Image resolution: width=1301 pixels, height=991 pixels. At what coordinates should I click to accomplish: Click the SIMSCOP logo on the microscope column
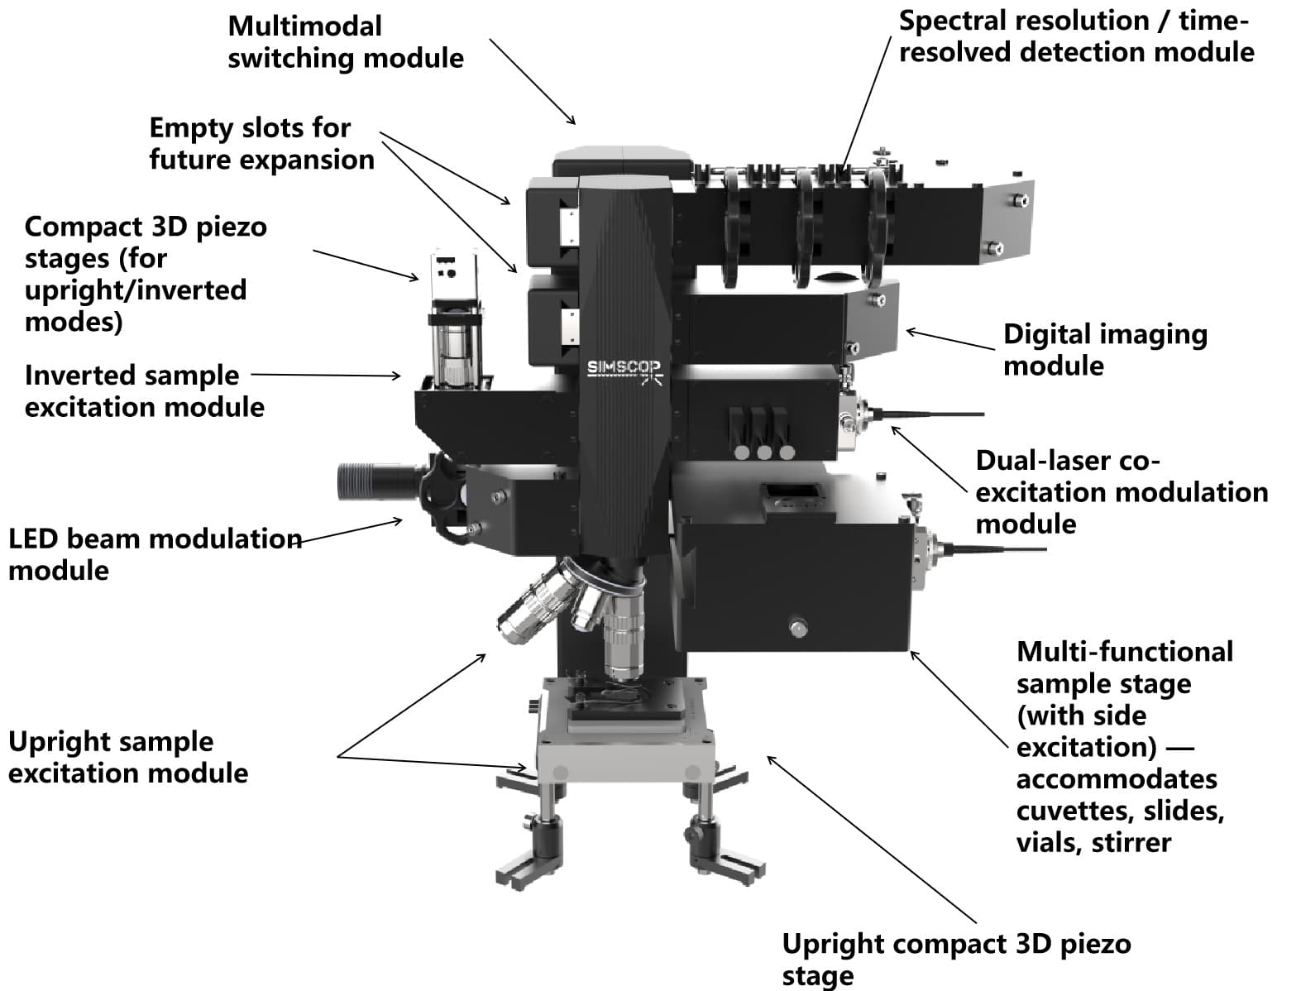coord(624,369)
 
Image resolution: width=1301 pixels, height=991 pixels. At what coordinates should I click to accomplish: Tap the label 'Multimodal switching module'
coord(345,42)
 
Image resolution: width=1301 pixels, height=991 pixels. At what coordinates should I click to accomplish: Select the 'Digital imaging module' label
coord(1104,349)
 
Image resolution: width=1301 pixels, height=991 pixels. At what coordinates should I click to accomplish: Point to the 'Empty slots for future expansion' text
coord(261,143)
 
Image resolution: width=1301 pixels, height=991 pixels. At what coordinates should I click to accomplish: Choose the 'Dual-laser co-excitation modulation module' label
coord(1121,491)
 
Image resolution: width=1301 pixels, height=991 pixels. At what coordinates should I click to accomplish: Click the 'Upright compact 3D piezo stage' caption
coord(955,958)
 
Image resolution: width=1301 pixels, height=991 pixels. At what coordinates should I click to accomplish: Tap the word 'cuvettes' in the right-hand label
coord(1064,811)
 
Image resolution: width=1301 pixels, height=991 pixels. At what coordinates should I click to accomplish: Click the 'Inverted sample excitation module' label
coord(144,390)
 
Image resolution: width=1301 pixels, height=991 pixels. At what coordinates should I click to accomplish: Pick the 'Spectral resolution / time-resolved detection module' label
coord(1075,36)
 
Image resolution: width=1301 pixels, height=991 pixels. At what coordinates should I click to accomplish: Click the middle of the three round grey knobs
coord(764,452)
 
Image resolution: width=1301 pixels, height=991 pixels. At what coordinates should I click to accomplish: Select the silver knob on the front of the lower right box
coord(797,628)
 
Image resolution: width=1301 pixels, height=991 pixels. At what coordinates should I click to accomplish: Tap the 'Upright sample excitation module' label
coord(127,757)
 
